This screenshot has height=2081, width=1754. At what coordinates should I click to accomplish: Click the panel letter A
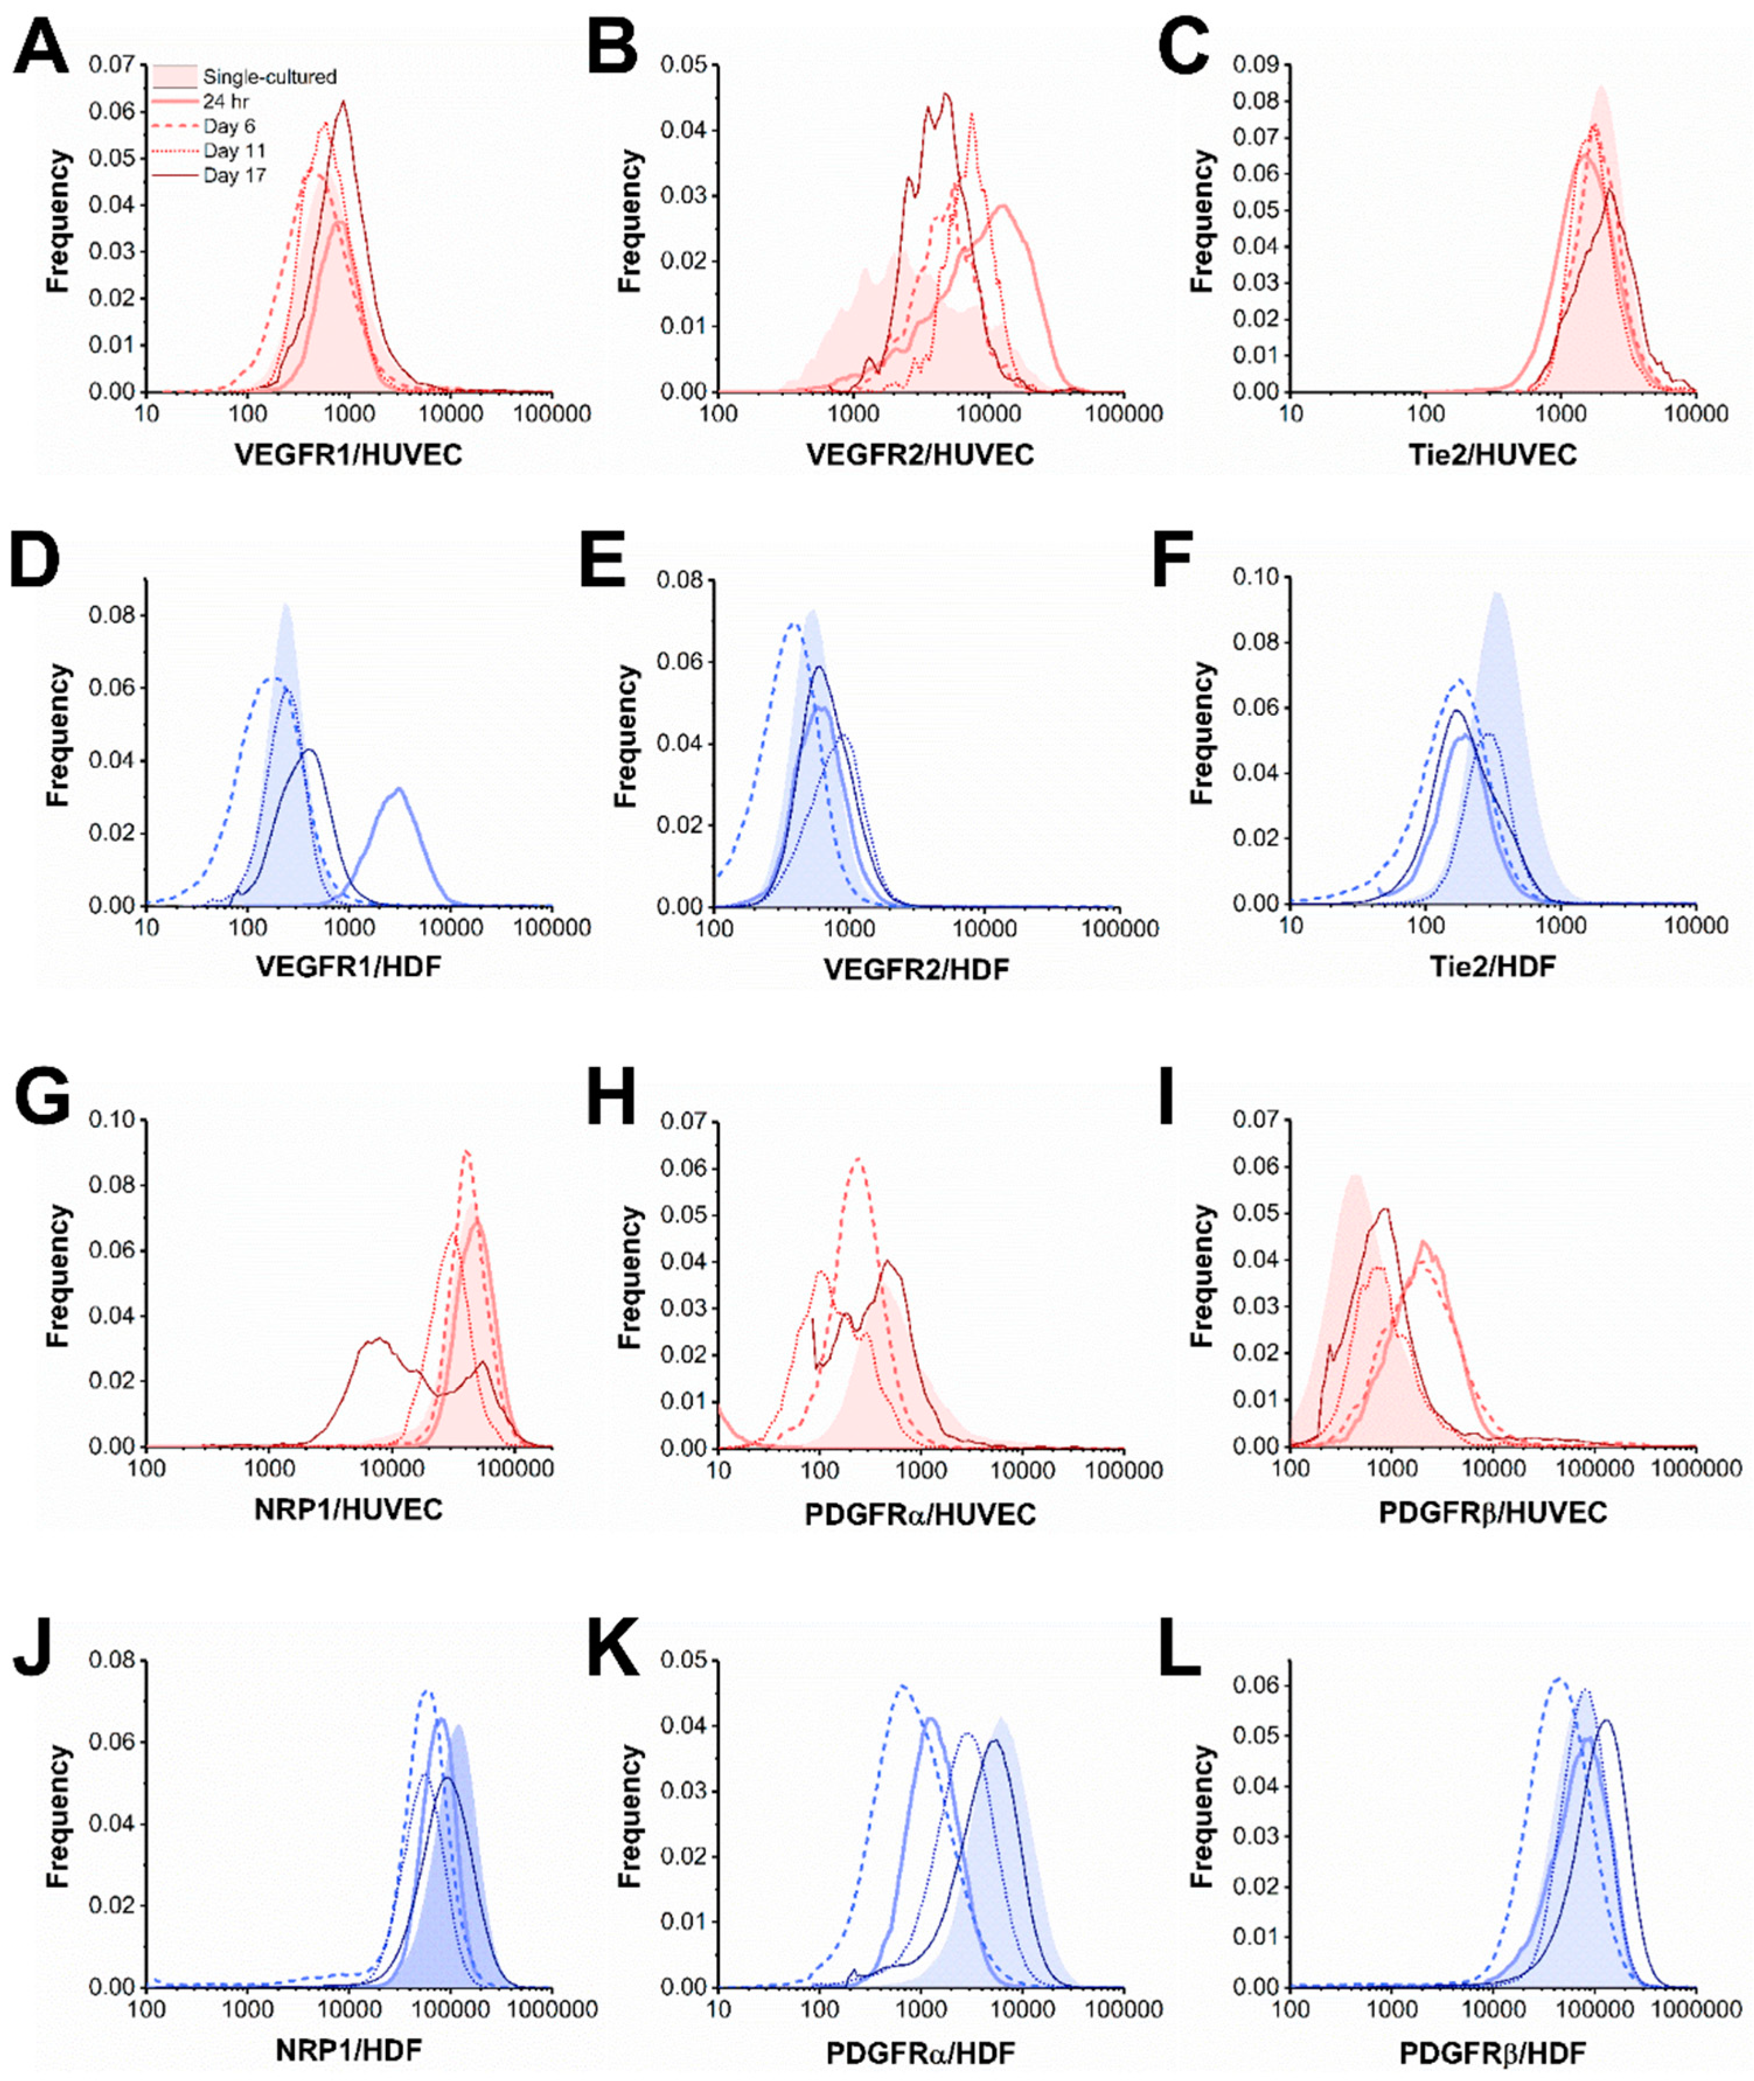click(x=43, y=48)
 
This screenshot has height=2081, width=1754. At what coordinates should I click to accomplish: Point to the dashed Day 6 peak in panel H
click(x=857, y=1158)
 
